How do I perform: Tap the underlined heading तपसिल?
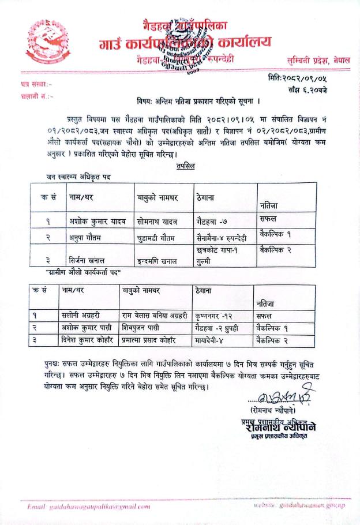click(186, 166)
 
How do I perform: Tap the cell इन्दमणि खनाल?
click(158, 260)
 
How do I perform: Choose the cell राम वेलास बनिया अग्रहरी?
click(155, 316)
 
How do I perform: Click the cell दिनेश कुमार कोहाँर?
click(89, 340)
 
